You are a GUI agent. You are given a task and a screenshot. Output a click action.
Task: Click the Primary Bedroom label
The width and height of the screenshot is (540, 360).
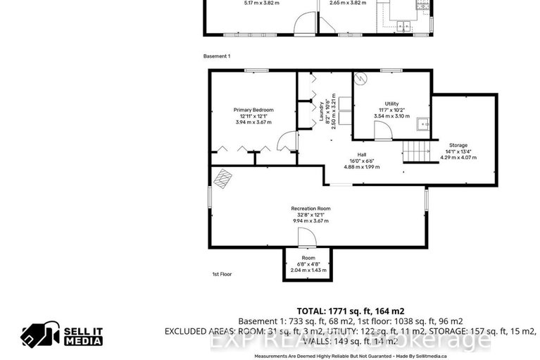point(253,110)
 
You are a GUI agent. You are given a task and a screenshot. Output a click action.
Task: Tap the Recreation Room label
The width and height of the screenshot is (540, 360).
point(310,209)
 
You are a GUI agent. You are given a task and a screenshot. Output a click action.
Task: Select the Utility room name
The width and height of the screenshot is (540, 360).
point(391,104)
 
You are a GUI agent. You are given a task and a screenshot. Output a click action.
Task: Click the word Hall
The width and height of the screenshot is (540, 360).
point(361,154)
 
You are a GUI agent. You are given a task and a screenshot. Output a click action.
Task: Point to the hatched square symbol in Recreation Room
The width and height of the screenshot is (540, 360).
point(223,178)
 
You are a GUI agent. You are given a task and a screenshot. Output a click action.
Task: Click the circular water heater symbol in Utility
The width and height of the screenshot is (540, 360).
point(362,80)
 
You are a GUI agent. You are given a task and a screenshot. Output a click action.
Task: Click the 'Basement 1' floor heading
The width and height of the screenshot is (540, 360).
point(217,56)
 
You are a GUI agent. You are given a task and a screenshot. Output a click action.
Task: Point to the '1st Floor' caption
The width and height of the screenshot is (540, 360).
point(222,274)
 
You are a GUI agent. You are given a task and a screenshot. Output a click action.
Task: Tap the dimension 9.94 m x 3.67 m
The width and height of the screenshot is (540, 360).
point(310,221)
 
